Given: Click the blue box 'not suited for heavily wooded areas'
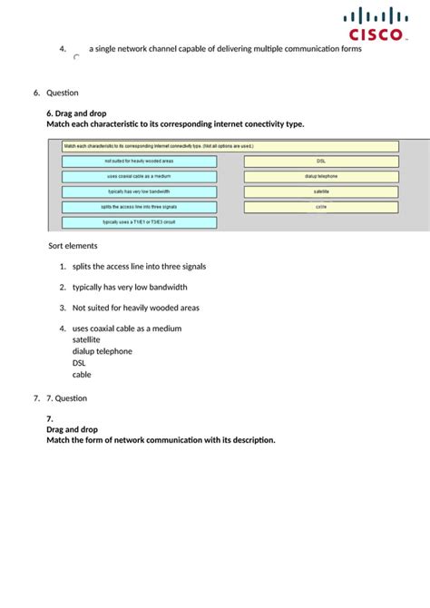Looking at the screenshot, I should click(x=139, y=162).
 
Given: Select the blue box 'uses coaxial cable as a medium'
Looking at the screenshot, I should click(x=139, y=177).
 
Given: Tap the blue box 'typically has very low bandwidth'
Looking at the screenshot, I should click(x=139, y=191).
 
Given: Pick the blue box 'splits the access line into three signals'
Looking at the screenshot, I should click(x=139, y=207).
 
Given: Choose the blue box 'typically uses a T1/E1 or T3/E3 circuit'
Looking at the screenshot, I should click(x=139, y=221).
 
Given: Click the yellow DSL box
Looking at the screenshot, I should click(x=321, y=162).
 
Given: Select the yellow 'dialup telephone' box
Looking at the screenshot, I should click(x=321, y=177).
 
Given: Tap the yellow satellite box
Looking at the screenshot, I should click(x=321, y=191).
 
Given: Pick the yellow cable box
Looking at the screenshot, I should click(x=321, y=207).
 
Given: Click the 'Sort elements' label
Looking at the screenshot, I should click(x=73, y=246).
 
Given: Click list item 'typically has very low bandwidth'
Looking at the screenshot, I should click(x=130, y=287).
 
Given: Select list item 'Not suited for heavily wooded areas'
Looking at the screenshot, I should click(x=135, y=308).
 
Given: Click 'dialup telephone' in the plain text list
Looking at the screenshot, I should click(x=102, y=351).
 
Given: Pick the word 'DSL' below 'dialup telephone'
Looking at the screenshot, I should click(x=80, y=363).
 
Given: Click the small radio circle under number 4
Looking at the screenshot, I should click(x=76, y=57).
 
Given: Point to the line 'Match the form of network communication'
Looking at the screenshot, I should click(x=161, y=440).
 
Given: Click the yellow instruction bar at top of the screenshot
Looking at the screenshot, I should click(x=230, y=146).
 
